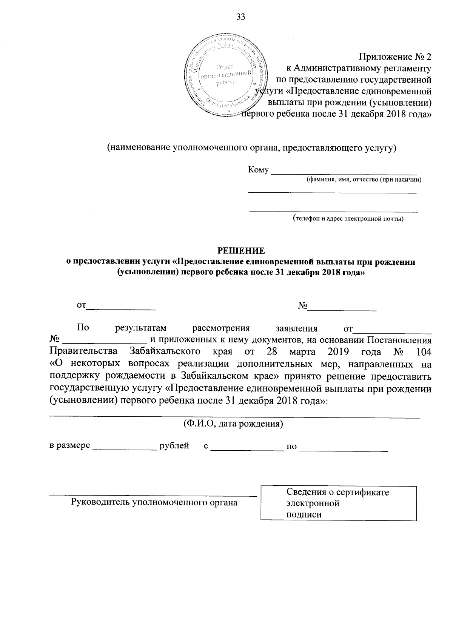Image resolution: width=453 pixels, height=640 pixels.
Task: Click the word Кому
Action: coord(258,170)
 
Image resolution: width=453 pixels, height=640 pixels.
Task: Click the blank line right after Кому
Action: coord(344,172)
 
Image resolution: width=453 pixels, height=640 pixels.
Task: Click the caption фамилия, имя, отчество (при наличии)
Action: coord(364,180)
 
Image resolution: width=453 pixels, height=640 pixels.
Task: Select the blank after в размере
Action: coord(125,447)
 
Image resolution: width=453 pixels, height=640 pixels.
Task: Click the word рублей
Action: coord(174,446)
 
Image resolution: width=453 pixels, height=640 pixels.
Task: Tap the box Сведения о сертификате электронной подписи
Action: coord(339,503)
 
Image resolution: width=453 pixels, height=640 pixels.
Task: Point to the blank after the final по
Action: coord(344,448)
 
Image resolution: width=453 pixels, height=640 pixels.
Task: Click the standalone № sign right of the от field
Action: coord(302,305)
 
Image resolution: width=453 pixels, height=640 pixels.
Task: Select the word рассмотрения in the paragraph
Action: coord(221,328)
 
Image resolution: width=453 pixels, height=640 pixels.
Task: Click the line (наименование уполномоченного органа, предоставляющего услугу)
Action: coord(251,148)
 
